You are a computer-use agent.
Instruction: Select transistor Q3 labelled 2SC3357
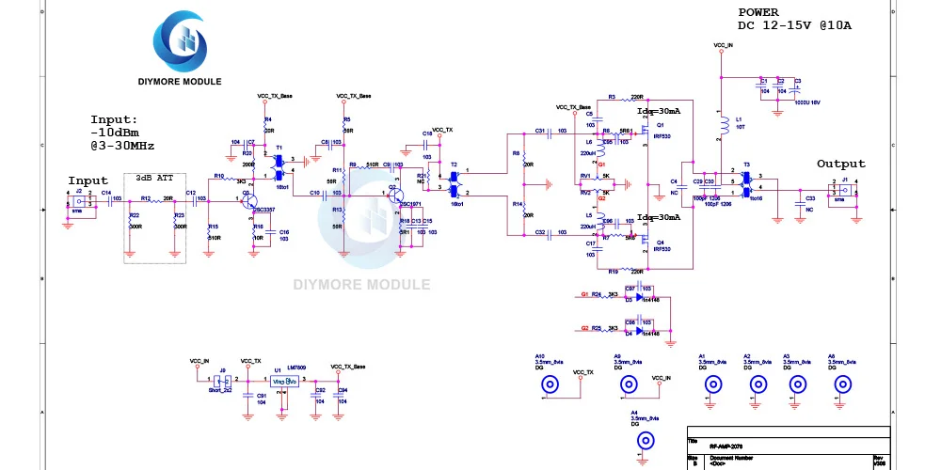[x=248, y=199]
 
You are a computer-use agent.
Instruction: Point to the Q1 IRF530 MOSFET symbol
[x=647, y=130]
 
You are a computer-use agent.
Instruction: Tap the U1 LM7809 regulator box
[x=284, y=381]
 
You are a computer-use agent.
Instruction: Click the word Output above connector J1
[x=840, y=164]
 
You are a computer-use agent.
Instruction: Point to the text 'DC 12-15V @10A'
[x=794, y=26]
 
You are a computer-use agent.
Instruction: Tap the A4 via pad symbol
[x=646, y=440]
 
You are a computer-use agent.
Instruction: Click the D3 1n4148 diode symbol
[x=639, y=297]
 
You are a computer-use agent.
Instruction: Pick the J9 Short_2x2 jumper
[x=222, y=382]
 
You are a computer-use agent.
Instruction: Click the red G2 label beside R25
[x=585, y=328]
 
